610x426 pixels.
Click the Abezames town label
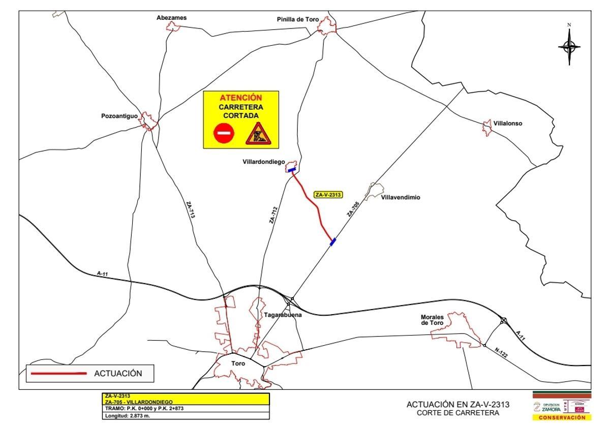click(x=171, y=18)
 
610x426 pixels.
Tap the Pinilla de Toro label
click(x=298, y=19)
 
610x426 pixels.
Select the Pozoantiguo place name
click(x=119, y=116)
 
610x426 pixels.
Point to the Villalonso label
click(x=507, y=124)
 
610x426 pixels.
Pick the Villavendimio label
click(x=401, y=198)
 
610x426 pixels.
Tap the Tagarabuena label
click(x=283, y=315)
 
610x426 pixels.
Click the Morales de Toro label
click(x=432, y=320)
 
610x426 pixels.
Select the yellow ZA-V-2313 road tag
click(x=328, y=195)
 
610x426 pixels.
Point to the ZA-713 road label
click(x=190, y=210)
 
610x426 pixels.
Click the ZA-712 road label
click(x=273, y=215)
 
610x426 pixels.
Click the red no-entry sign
click(x=224, y=134)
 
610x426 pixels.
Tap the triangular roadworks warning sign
click(x=259, y=134)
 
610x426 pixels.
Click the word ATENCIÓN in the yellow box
click(x=241, y=98)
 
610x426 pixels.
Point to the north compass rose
click(x=569, y=46)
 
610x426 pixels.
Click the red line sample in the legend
click(x=58, y=374)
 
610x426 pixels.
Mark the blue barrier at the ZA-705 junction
click(x=332, y=242)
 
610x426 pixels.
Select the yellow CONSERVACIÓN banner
click(x=562, y=417)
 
